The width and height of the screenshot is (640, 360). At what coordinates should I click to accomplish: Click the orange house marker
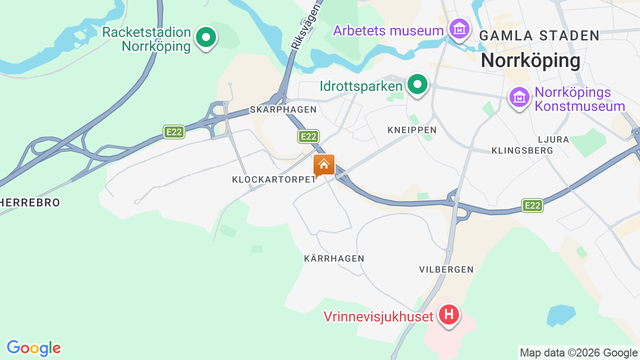324,164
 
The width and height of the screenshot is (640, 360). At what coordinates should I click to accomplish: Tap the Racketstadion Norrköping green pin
205,37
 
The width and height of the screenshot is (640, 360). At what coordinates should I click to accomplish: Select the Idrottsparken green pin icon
417,85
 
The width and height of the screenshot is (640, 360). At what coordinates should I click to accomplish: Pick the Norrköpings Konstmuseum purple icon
519,97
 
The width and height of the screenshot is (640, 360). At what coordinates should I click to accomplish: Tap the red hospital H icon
448,315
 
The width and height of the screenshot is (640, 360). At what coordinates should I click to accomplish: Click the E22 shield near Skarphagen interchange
174,132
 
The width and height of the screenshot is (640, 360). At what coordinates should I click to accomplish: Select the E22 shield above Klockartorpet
308,136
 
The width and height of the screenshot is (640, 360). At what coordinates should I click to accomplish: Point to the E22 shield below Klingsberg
532,205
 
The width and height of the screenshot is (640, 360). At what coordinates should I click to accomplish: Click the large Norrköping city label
530,61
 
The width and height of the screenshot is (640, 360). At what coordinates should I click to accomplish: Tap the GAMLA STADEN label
539,35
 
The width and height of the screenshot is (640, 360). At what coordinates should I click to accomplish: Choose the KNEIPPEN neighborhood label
412,130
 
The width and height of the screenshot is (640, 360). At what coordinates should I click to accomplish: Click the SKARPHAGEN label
283,109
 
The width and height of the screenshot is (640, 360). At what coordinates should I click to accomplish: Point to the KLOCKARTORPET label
274,179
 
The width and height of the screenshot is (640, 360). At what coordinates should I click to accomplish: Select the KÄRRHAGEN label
334,258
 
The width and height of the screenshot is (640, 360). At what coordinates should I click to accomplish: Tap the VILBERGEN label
446,269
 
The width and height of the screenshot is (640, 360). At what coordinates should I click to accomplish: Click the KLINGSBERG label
522,150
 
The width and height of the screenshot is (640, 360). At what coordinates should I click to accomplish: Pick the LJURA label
553,139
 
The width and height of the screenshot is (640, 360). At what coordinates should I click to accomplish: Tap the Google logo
33,348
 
